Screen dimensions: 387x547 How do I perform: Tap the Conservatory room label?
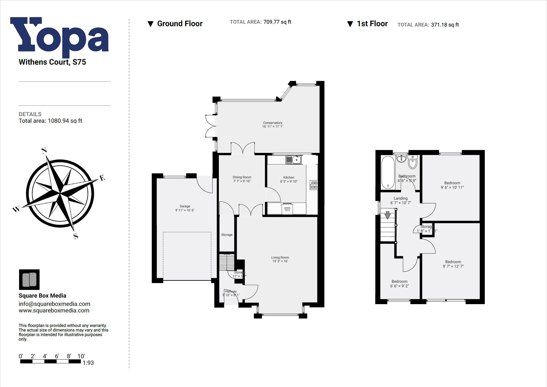coord(272,123)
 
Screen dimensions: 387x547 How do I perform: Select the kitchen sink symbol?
coord(293,160)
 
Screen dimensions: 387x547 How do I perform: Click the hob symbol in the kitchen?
coord(314,185)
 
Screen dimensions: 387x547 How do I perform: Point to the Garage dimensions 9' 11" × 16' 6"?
coord(185,210)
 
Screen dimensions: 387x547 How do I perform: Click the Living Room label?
coord(280,257)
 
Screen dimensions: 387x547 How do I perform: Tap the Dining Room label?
coord(242,177)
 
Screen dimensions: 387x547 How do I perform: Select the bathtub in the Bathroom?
coord(388,172)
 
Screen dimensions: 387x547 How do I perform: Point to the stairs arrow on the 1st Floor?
coord(388,215)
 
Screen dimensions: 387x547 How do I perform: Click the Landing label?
coord(400,198)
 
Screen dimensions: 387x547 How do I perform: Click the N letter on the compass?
coord(44,150)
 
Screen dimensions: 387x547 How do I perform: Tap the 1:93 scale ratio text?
coord(88,363)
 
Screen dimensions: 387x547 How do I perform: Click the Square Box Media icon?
coord(29,279)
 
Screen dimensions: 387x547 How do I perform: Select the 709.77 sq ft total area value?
coord(277,22)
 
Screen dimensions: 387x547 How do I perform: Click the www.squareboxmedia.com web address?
coord(54,311)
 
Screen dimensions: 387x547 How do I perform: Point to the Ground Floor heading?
coord(180,24)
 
